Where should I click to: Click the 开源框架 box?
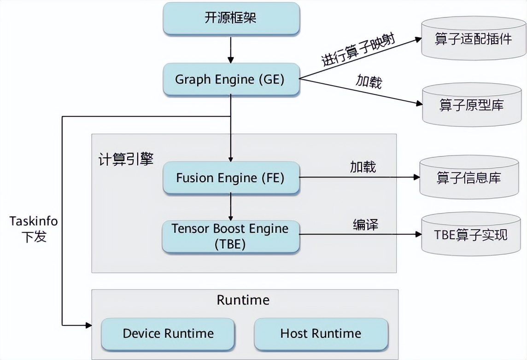(x=230, y=19)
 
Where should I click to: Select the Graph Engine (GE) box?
(x=230, y=79)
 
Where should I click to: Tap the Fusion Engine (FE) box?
(x=230, y=178)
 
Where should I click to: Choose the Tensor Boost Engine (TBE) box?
(x=230, y=237)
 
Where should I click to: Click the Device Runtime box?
(x=168, y=333)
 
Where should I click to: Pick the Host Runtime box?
(x=321, y=333)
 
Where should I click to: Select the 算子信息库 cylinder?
(x=469, y=178)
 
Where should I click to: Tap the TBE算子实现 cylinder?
(x=470, y=235)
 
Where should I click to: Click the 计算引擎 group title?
(x=126, y=159)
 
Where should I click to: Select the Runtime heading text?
(x=243, y=300)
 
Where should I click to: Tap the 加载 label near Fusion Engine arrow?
(x=363, y=167)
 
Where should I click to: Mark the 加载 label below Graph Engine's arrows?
(x=369, y=81)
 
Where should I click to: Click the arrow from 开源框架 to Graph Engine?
(x=231, y=50)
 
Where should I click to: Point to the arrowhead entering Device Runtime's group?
(x=88, y=325)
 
